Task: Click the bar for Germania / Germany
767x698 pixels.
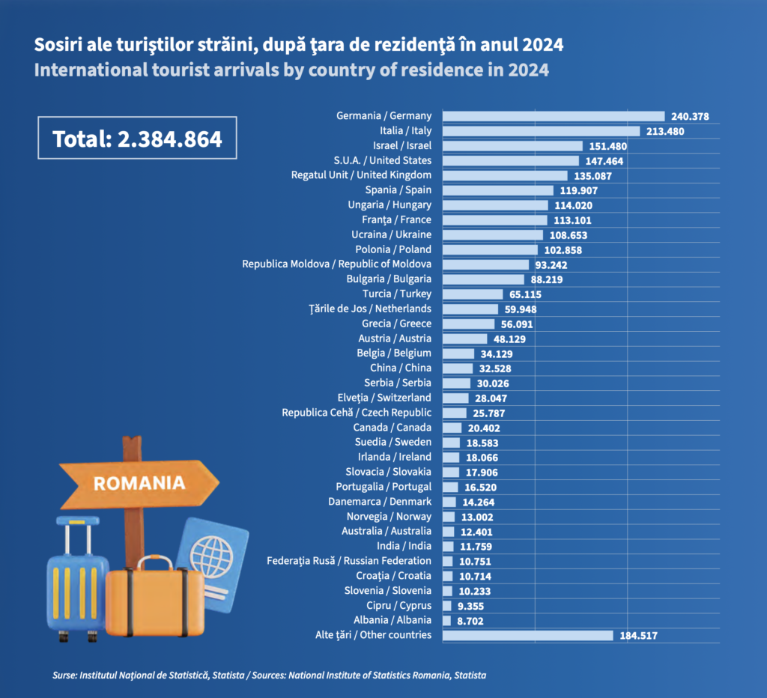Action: (554, 116)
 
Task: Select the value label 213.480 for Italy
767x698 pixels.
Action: (665, 131)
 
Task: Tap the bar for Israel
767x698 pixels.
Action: (512, 146)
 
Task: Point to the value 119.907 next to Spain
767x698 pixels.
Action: (577, 190)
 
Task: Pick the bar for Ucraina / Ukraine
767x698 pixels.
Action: (492, 234)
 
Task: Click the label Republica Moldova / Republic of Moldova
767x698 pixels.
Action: (336, 264)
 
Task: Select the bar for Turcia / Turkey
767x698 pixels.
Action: (473, 294)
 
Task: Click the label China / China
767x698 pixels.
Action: (400, 368)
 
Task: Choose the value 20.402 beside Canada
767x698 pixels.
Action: (483, 428)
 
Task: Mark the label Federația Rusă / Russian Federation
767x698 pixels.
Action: (349, 561)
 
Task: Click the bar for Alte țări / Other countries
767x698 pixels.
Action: (528, 635)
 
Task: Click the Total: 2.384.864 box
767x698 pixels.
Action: (137, 138)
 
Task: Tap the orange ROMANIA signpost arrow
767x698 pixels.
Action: (139, 482)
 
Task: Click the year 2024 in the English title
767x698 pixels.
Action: (527, 70)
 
